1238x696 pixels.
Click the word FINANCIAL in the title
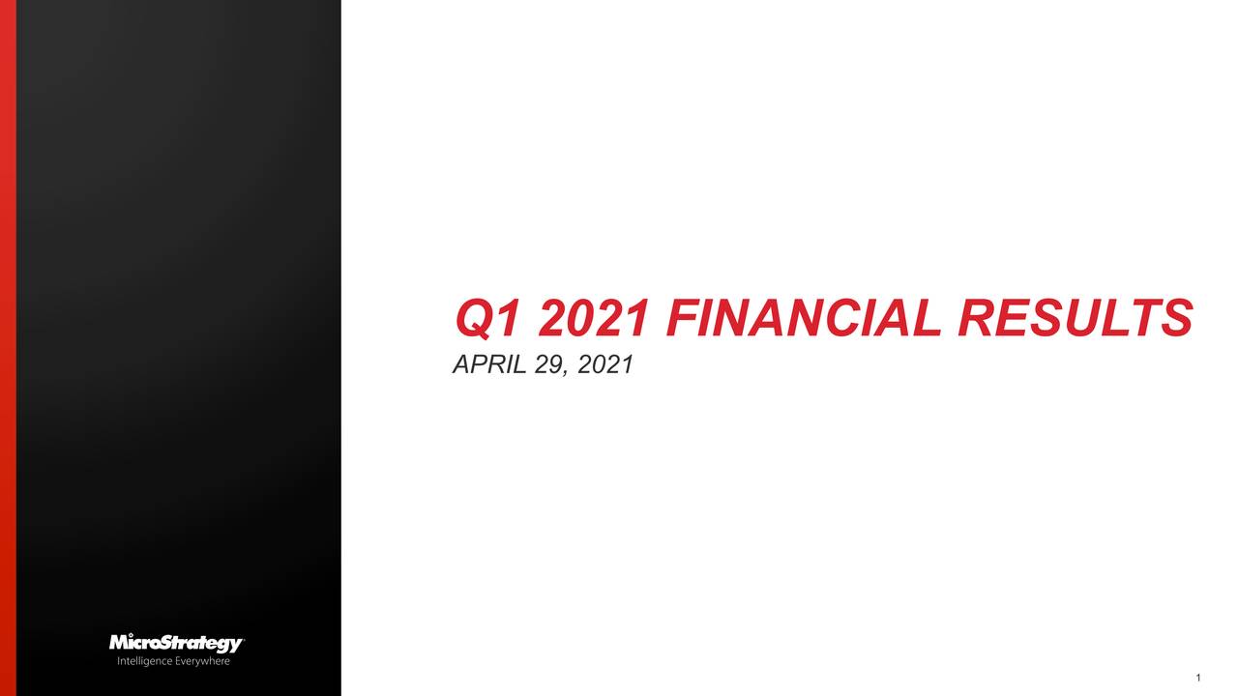click(x=802, y=319)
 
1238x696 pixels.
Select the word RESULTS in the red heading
click(x=1074, y=319)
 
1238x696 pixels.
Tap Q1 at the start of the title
click(x=489, y=319)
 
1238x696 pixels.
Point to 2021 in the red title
click(x=593, y=319)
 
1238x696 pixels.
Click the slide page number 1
click(x=1197, y=678)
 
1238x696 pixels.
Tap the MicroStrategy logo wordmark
click(x=176, y=644)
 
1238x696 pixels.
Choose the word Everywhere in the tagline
click(x=202, y=662)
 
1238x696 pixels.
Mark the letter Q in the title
click(x=474, y=319)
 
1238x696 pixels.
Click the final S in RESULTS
click(x=1176, y=319)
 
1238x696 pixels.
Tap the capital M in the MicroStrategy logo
click(x=119, y=644)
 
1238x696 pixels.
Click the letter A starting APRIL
click(x=461, y=365)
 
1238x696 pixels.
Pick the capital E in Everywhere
click(x=178, y=662)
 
